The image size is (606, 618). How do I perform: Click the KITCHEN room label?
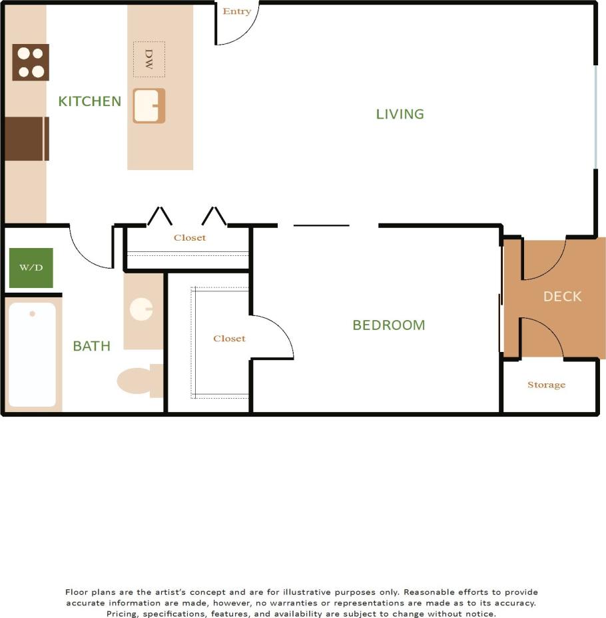pyautogui.click(x=89, y=101)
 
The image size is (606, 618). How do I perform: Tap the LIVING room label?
pyautogui.click(x=400, y=114)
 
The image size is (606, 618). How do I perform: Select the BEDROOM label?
pyautogui.click(x=388, y=325)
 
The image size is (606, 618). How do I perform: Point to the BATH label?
pyautogui.click(x=91, y=346)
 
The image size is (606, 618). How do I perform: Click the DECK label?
pyautogui.click(x=562, y=297)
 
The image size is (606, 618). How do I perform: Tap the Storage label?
pyautogui.click(x=546, y=385)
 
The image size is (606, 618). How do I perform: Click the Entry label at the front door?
pyautogui.click(x=237, y=11)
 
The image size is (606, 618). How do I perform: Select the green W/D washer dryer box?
pyautogui.click(x=31, y=267)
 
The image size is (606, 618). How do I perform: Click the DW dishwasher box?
pyautogui.click(x=149, y=59)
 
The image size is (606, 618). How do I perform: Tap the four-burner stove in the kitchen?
pyautogui.click(x=31, y=63)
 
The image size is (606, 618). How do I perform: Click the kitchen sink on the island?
pyautogui.click(x=149, y=106)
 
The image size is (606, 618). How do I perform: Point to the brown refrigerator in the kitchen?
pyautogui.click(x=27, y=139)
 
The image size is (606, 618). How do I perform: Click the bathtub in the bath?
pyautogui.click(x=32, y=355)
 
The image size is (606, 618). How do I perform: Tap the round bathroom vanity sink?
pyautogui.click(x=141, y=309)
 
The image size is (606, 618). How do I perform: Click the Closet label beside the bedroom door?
pyautogui.click(x=229, y=339)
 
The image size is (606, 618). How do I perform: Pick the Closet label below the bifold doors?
pyautogui.click(x=190, y=238)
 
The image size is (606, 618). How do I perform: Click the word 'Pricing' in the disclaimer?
pyautogui.click(x=122, y=613)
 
